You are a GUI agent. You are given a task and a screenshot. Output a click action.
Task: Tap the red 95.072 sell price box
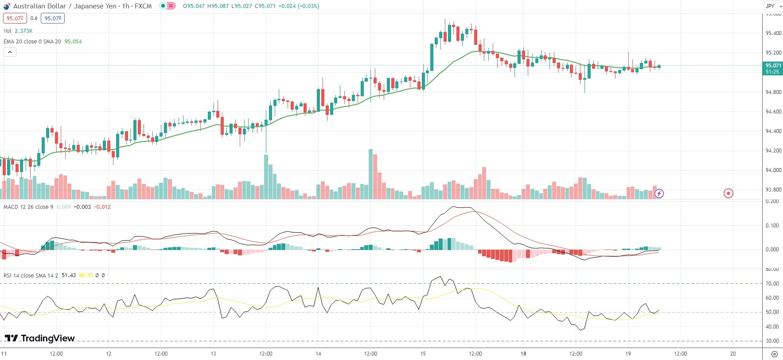[x=15, y=18]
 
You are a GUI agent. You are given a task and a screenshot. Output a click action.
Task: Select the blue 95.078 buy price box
[x=53, y=18]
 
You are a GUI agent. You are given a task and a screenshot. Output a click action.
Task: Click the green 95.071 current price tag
[x=772, y=66]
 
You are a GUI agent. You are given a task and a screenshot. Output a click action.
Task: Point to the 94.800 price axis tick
[x=773, y=92]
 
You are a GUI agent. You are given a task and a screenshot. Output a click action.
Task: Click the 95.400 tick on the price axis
[x=773, y=33]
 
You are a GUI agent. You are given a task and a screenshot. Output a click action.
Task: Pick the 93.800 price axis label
[x=773, y=190]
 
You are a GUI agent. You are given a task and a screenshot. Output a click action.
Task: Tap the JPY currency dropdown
[x=772, y=6]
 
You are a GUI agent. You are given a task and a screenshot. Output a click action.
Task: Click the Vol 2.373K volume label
[x=18, y=31]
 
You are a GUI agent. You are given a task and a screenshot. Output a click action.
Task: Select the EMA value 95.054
[x=73, y=42]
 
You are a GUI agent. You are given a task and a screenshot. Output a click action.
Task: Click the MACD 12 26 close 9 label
[x=28, y=207]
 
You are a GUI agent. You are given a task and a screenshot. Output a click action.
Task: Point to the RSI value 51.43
[x=69, y=275]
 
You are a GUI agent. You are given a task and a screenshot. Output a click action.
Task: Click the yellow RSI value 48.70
[x=86, y=275]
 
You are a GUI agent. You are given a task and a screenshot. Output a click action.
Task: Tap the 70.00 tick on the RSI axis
[x=772, y=284]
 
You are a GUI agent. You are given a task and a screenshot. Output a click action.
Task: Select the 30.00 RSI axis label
[x=772, y=341]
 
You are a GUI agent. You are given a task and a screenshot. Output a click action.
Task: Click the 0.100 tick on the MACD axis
[x=772, y=226]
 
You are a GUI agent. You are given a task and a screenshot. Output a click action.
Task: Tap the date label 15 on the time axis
[x=423, y=354]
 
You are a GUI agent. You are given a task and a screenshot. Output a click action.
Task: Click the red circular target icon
[x=728, y=193]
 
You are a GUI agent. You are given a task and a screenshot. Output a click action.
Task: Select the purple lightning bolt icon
[x=659, y=193]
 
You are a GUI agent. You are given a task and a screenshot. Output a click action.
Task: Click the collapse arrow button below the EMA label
[x=10, y=52]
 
